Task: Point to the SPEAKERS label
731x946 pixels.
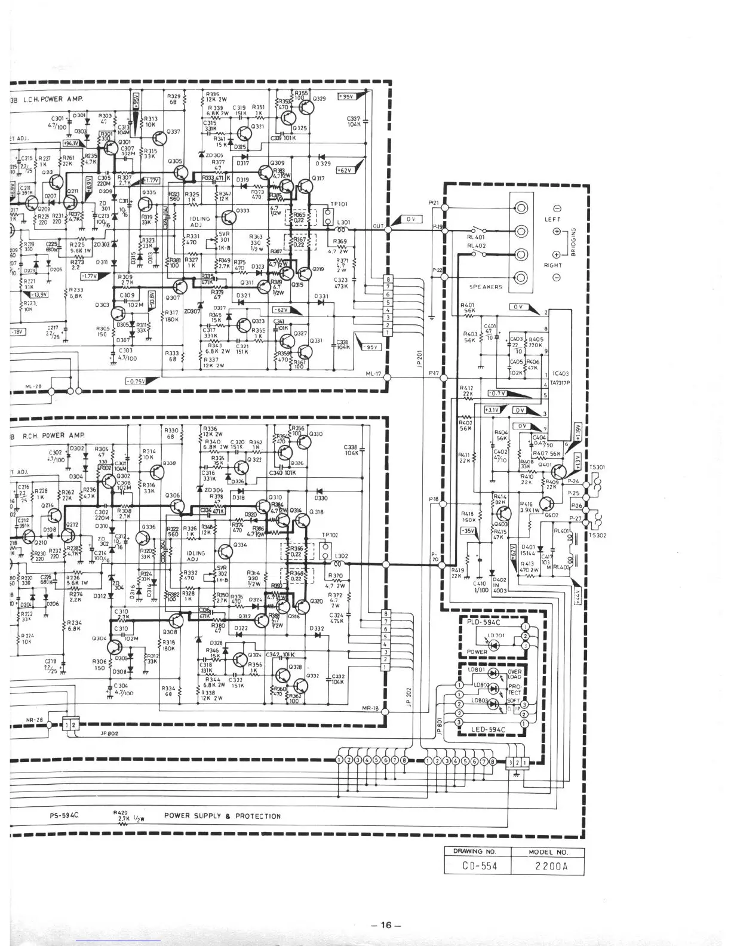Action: (x=486, y=287)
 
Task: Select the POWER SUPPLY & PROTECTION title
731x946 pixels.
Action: (x=222, y=816)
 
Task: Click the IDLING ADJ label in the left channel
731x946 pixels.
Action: (x=200, y=222)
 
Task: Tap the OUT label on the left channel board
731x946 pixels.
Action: (x=378, y=226)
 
